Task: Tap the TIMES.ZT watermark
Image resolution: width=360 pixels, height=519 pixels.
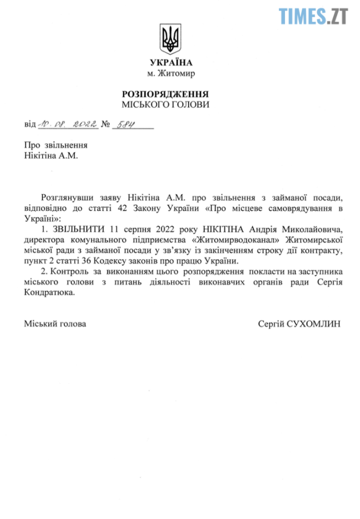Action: (313, 15)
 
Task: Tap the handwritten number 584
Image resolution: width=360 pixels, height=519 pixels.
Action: (124, 123)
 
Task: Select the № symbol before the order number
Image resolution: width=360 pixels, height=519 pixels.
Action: (106, 124)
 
